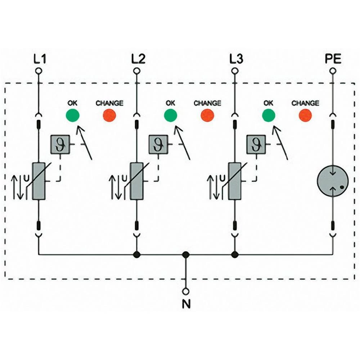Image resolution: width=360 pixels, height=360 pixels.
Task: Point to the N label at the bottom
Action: (186, 305)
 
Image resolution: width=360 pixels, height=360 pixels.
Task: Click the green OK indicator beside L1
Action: (73, 116)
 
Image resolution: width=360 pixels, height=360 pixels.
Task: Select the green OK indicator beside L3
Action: (269, 116)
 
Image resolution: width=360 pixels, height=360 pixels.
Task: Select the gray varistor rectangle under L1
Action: (38, 181)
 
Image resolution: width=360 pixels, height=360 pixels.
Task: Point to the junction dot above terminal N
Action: (186, 255)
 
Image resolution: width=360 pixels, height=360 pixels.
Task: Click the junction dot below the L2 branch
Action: (136, 255)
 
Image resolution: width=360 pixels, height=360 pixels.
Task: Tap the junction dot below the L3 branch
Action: (235, 255)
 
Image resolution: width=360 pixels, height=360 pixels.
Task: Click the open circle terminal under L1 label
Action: (38, 71)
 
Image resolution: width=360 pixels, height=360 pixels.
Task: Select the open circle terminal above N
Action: (186, 291)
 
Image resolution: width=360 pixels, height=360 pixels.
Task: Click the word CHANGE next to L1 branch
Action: (109, 103)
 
